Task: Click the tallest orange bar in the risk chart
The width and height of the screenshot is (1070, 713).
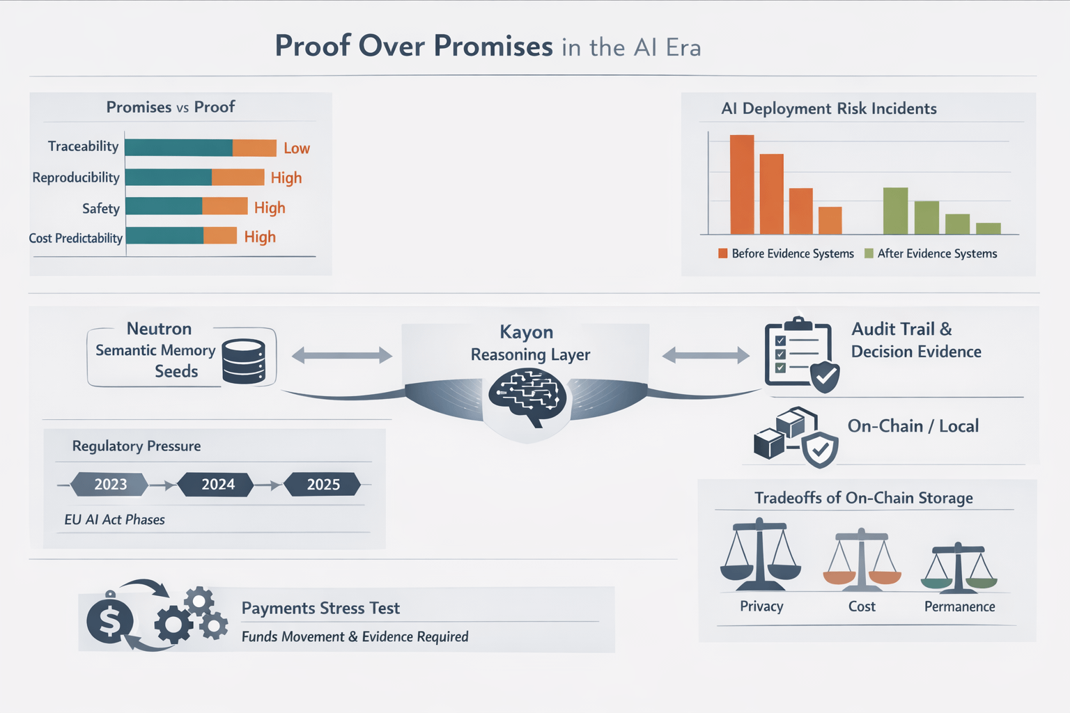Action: [x=742, y=185]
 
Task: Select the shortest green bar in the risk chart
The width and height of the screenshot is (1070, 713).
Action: [x=988, y=228]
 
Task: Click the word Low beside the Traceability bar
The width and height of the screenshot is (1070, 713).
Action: [x=297, y=148]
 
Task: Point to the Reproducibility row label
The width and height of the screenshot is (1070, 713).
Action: [x=76, y=178]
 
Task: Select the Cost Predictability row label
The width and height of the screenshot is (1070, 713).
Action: [x=75, y=238]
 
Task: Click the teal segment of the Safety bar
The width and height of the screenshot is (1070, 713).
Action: [x=164, y=206]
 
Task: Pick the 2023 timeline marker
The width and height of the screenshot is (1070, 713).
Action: [x=111, y=484]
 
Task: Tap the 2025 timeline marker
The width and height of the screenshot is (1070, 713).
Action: [x=323, y=484]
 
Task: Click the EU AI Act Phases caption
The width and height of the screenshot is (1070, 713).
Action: [x=114, y=519]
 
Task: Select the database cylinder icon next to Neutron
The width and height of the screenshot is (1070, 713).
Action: [x=243, y=361]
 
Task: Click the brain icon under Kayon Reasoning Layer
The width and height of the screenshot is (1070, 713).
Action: [x=527, y=397]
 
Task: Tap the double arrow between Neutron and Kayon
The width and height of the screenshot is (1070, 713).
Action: [x=341, y=355]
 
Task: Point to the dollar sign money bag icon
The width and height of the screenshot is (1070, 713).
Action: [x=110, y=619]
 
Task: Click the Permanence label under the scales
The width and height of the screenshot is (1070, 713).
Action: [x=959, y=606]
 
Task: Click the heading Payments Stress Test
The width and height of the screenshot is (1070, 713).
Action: [x=320, y=608]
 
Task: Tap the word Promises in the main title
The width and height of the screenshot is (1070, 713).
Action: [x=493, y=46]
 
